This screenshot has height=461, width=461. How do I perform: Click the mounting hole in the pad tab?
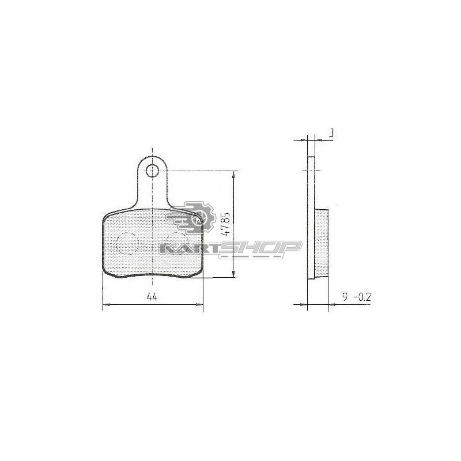pos(152,171)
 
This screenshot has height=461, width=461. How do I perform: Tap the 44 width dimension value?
pos(152,297)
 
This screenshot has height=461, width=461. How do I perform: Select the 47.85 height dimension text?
pos(226,224)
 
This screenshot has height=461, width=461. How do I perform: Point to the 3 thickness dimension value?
pos(331,133)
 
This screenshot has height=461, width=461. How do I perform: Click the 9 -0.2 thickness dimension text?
pos(357,297)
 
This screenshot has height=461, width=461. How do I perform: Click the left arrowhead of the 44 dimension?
pos(106,305)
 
